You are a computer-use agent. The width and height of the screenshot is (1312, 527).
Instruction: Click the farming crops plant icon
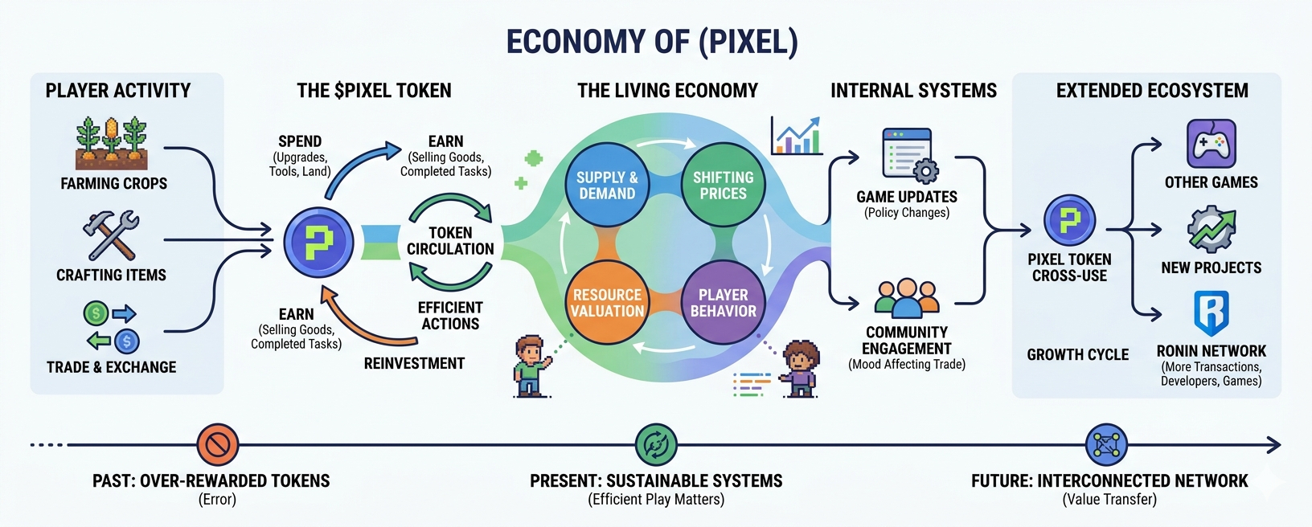pyautogui.click(x=113, y=143)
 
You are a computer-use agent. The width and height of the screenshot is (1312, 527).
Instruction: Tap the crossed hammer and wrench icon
pyautogui.click(x=111, y=235)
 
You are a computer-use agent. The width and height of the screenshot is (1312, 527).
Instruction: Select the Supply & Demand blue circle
pyautogui.click(x=607, y=186)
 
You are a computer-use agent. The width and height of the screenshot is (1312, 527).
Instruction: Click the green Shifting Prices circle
pyautogui.click(x=723, y=186)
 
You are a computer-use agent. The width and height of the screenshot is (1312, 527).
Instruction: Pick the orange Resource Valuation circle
pyautogui.click(x=607, y=302)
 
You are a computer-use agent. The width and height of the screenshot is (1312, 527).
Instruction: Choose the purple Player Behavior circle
pyautogui.click(x=723, y=302)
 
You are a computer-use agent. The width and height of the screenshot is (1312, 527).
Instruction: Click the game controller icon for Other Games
pyautogui.click(x=1211, y=145)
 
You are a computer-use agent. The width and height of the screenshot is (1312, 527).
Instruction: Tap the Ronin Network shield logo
pyautogui.click(x=1211, y=313)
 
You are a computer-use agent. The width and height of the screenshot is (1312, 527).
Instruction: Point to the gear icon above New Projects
pyautogui.click(x=1211, y=230)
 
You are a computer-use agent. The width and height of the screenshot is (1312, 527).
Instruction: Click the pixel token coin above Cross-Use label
pyautogui.click(x=1069, y=220)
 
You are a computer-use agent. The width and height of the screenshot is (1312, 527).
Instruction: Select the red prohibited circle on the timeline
pyautogui.click(x=218, y=444)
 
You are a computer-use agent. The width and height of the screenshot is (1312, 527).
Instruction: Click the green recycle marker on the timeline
pyautogui.click(x=656, y=444)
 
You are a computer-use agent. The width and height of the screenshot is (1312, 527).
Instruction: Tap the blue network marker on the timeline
pyautogui.click(x=1106, y=444)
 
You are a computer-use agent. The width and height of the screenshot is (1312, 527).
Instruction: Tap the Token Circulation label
pyautogui.click(x=450, y=241)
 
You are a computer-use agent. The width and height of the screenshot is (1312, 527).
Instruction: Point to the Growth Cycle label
pyautogui.click(x=1077, y=354)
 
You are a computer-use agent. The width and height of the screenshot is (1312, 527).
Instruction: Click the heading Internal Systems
pyautogui.click(x=913, y=91)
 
